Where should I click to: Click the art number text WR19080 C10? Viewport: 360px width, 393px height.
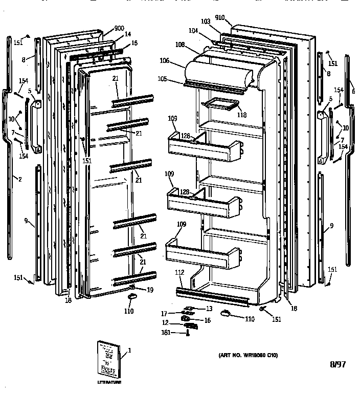coord(248,354)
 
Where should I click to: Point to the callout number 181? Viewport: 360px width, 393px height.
coord(166,333)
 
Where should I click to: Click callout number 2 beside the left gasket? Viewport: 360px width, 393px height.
coord(19,179)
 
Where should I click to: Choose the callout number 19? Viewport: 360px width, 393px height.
coord(149,290)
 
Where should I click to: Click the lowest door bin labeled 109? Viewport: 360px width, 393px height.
coord(202,253)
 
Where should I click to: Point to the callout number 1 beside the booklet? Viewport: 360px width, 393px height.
coord(129,351)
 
